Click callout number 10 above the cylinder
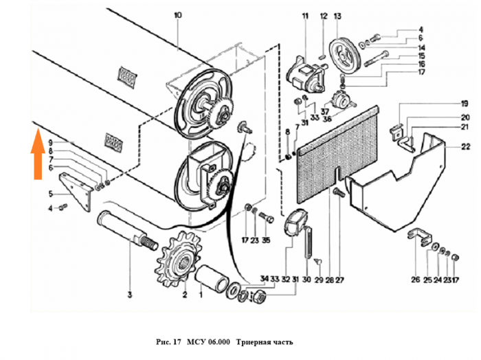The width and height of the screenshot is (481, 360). pos(177,15)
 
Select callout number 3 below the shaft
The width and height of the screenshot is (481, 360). pos(128,295)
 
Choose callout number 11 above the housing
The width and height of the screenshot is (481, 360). pos(306,15)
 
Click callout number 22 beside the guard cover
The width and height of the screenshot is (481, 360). pos(447,146)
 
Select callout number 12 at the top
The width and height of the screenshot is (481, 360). pos(324,15)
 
